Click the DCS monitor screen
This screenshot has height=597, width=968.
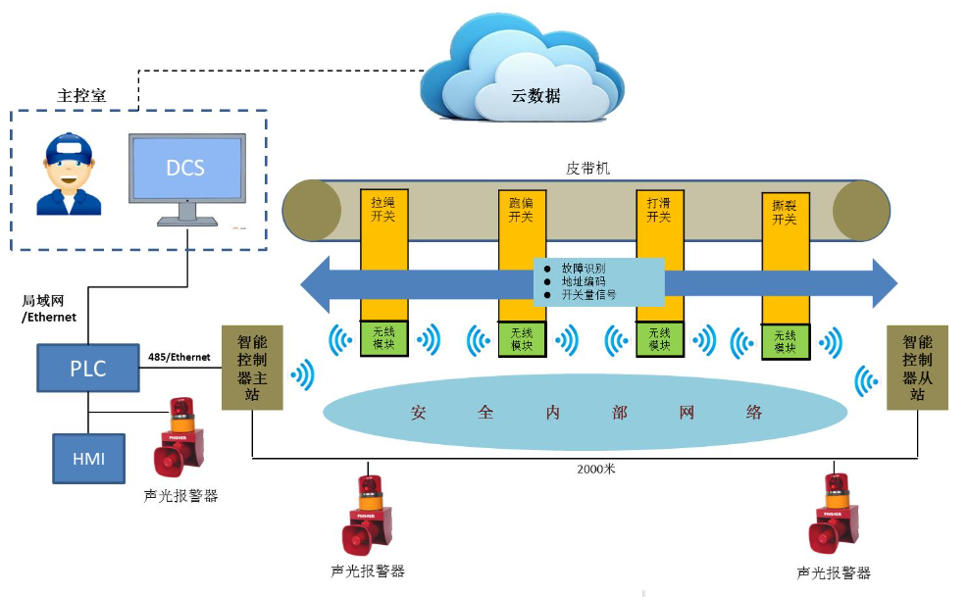click(x=185, y=168)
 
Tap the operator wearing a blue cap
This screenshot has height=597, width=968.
click(x=68, y=175)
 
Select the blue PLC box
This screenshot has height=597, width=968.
click(x=86, y=370)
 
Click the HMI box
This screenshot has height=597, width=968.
click(x=88, y=458)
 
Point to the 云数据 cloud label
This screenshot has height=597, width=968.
click(x=535, y=96)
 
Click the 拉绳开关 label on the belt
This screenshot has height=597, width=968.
click(x=382, y=209)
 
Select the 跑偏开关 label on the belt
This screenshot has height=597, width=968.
click(x=521, y=209)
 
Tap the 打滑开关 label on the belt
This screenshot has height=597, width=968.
click(x=659, y=209)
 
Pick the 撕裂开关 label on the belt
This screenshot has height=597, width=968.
click(x=785, y=213)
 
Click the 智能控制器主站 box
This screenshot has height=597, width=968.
click(x=252, y=367)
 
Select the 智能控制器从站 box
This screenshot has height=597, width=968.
click(x=917, y=367)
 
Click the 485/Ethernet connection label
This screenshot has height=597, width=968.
click(x=178, y=357)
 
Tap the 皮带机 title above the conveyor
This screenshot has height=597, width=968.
click(x=588, y=168)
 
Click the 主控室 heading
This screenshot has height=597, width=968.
click(x=81, y=95)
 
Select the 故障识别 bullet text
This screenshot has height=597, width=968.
click(x=584, y=267)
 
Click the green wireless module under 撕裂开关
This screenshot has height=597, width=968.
click(x=785, y=341)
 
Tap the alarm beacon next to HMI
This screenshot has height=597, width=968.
click(x=179, y=436)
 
